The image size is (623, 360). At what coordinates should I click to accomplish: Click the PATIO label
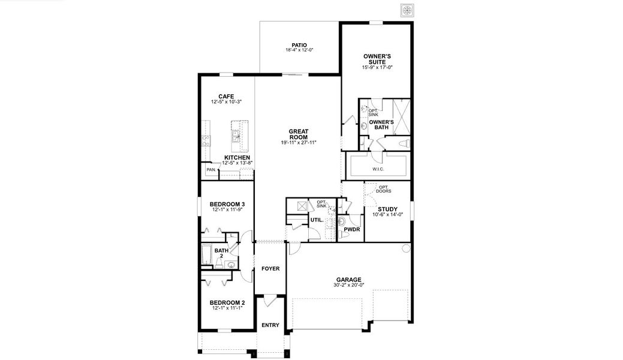pyautogui.click(x=299, y=44)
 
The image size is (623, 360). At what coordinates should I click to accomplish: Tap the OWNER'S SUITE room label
pyautogui.click(x=377, y=59)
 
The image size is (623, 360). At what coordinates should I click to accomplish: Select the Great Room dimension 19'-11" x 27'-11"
pyautogui.click(x=298, y=143)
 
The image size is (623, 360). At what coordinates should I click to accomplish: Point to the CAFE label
pyautogui.click(x=226, y=96)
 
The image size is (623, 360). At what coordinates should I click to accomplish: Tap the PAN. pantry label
pyautogui.click(x=211, y=170)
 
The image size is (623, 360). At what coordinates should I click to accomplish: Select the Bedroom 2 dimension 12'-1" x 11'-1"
pyautogui.click(x=227, y=308)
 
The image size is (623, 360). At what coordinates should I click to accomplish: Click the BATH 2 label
pyautogui.click(x=221, y=253)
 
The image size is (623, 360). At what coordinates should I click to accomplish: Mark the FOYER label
pyautogui.click(x=270, y=268)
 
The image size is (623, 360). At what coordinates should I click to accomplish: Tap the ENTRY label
pyautogui.click(x=270, y=325)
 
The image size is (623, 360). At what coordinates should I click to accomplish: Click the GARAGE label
pyautogui.click(x=348, y=280)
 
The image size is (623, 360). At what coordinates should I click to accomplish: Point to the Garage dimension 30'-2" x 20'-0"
pyautogui.click(x=348, y=286)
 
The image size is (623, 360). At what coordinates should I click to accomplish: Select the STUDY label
pyautogui.click(x=387, y=209)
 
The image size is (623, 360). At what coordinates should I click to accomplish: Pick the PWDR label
pyautogui.click(x=351, y=229)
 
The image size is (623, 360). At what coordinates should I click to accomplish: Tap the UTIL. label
pyautogui.click(x=317, y=220)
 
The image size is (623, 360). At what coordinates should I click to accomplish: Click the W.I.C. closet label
pyautogui.click(x=378, y=169)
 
